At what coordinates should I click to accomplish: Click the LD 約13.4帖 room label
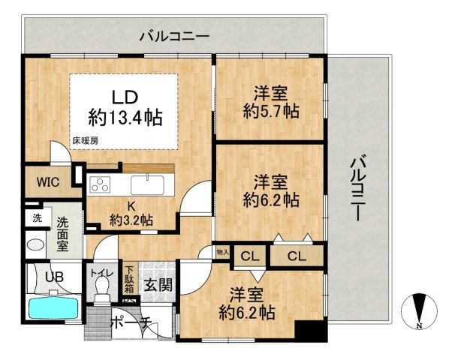125,106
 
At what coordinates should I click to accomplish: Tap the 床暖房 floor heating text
86,140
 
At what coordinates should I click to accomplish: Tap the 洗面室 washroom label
65,234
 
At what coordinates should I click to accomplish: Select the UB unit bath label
53,277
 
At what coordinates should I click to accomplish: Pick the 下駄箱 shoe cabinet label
129,280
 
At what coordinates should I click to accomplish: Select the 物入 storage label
223,253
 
